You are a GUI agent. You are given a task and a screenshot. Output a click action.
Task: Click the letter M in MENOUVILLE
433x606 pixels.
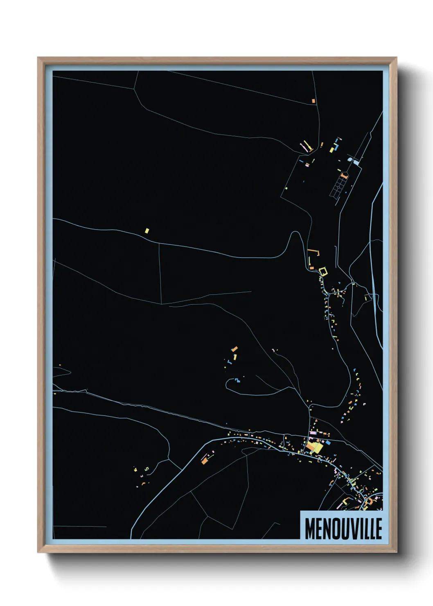310,529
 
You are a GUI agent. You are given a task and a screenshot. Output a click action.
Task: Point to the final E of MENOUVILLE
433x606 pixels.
379,529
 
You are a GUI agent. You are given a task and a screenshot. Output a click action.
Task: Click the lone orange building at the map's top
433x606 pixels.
313,101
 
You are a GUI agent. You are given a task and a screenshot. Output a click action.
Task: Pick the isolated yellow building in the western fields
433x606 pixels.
147,231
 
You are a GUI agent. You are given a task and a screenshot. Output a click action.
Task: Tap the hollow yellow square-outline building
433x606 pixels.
323,270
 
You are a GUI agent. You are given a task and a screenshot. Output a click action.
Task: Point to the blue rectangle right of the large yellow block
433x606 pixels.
328,443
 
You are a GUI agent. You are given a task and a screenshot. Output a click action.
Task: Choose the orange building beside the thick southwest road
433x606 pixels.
205,460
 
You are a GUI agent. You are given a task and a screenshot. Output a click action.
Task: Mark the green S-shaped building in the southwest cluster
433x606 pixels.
147,469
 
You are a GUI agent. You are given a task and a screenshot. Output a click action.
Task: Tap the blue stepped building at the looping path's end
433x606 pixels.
237,381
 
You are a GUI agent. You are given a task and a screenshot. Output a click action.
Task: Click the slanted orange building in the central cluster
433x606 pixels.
235,349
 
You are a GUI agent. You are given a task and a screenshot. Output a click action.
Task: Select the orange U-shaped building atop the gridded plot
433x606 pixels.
344,176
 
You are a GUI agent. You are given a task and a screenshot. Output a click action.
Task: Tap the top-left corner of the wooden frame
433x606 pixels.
38,58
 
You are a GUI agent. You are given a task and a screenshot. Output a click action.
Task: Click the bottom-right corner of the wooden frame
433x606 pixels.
397,552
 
